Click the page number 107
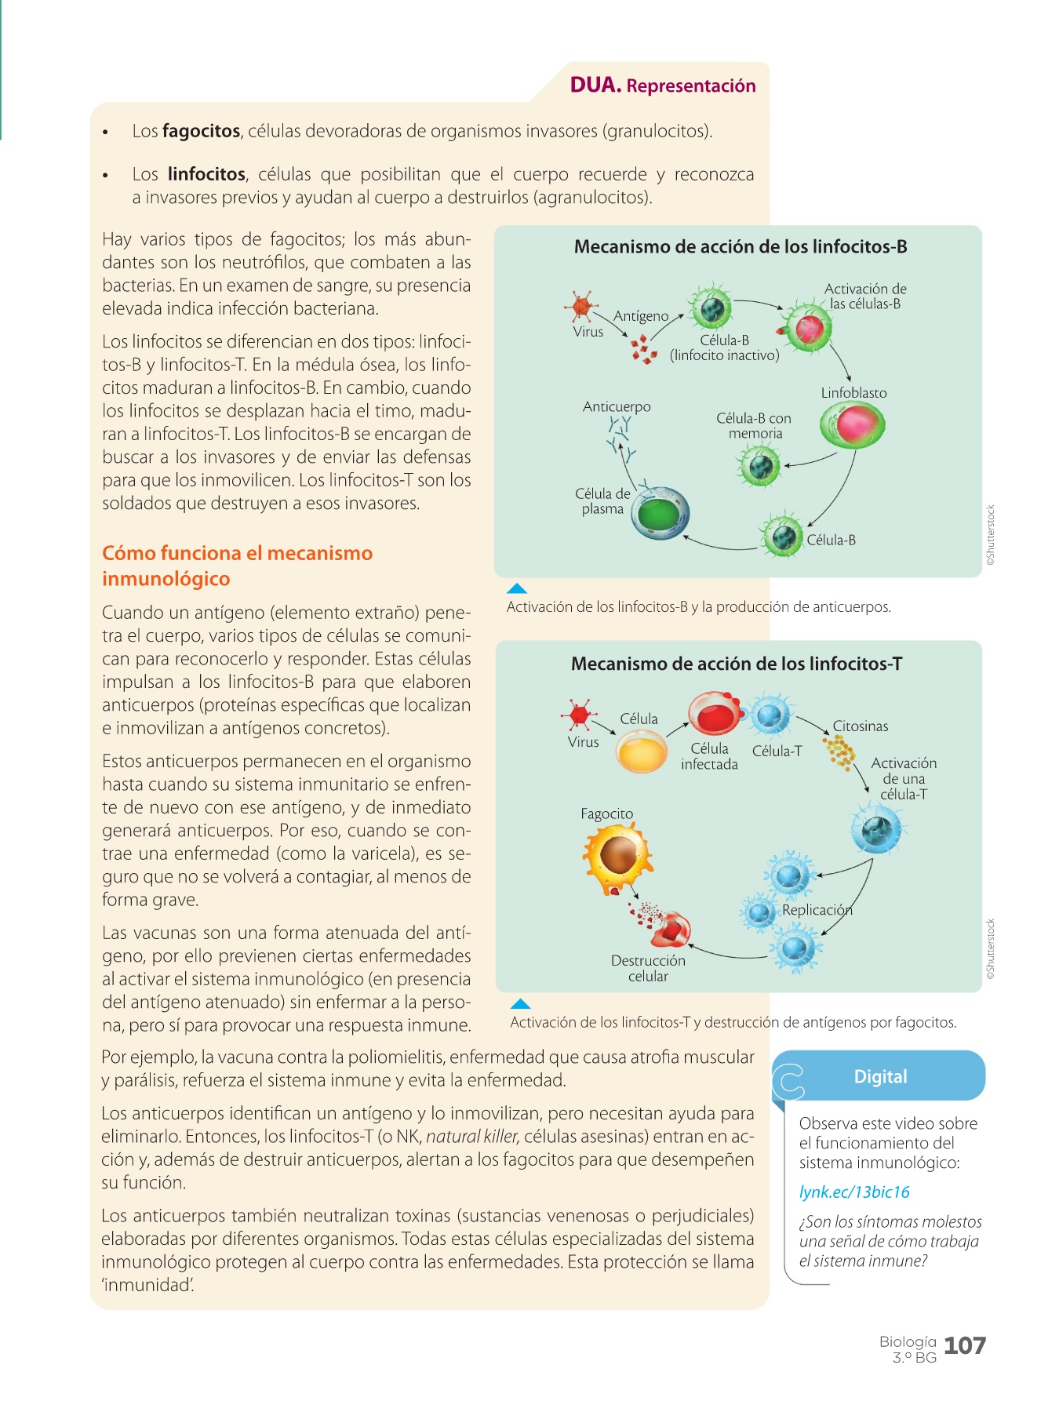pyautogui.click(x=964, y=1345)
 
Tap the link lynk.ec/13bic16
pyautogui.click(x=853, y=1192)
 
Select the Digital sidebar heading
pyautogui.click(x=880, y=1076)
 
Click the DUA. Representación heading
pyautogui.click(x=663, y=86)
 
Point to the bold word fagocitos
pyautogui.click(x=201, y=131)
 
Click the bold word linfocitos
pyautogui.click(x=207, y=174)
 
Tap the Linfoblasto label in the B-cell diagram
pyautogui.click(x=853, y=393)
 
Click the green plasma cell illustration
pyautogui.click(x=661, y=515)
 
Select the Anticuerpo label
pyautogui.click(x=617, y=406)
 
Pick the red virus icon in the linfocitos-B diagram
pyautogui.click(x=580, y=306)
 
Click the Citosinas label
pyautogui.click(x=861, y=726)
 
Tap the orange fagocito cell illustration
pyautogui.click(x=618, y=857)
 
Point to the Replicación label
pyautogui.click(x=817, y=910)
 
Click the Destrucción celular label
pyautogui.click(x=648, y=968)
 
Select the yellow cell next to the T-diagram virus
pyautogui.click(x=642, y=752)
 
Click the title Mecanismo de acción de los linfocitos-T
pyautogui.click(x=737, y=664)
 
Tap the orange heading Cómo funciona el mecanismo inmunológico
pyautogui.click(x=237, y=566)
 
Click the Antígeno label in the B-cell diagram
pyautogui.click(x=641, y=316)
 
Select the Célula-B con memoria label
pyautogui.click(x=754, y=426)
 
